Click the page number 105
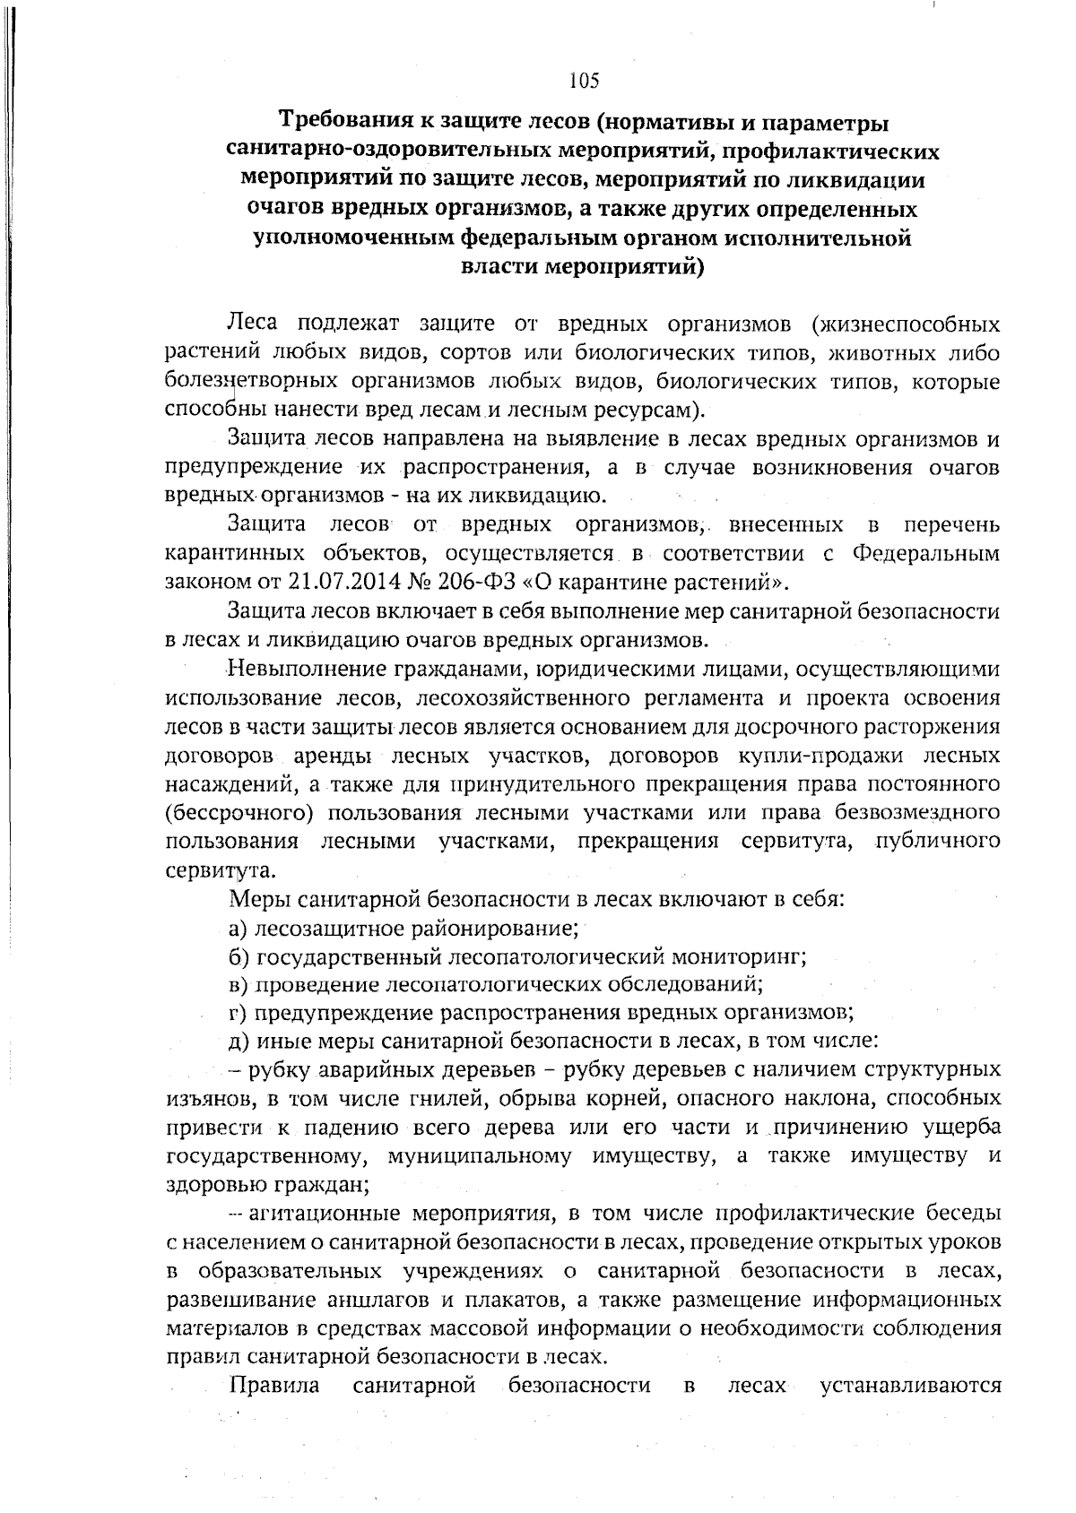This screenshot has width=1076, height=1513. [x=583, y=82]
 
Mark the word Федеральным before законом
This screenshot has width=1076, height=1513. [x=924, y=554]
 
